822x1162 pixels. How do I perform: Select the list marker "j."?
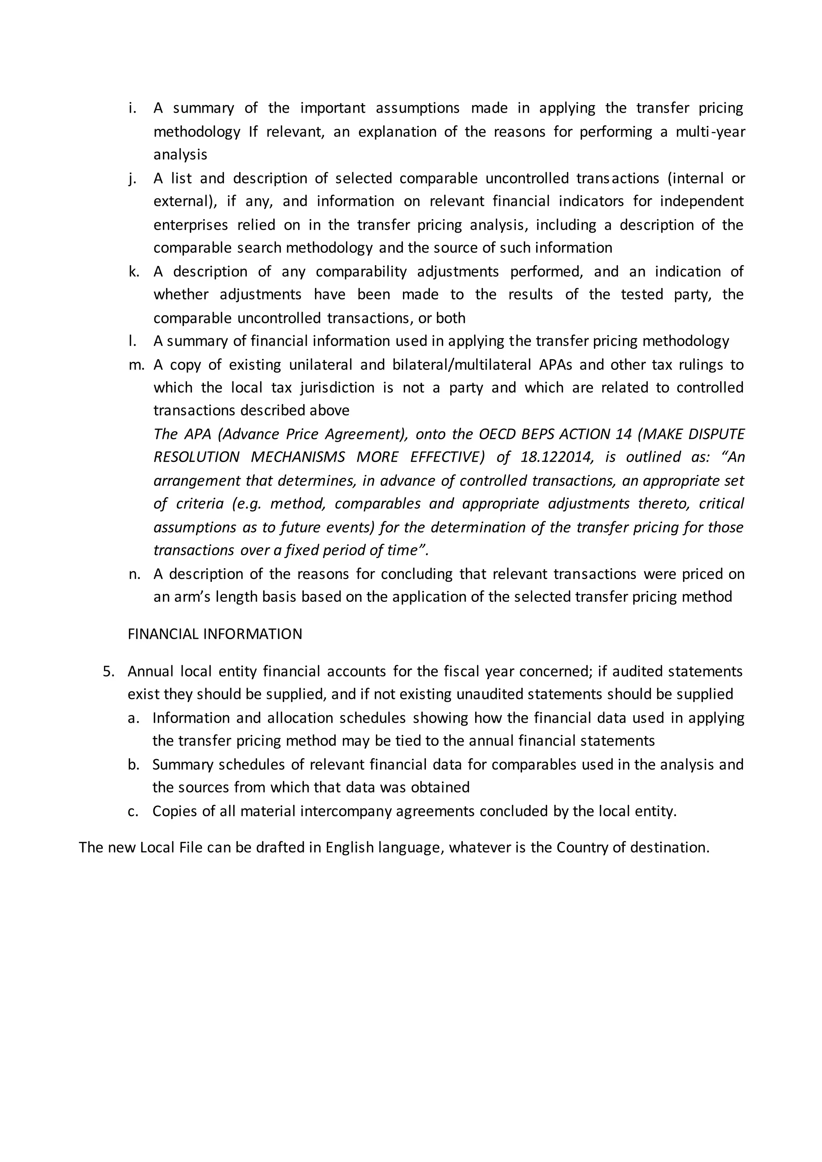132,179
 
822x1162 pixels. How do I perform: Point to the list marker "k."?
134,272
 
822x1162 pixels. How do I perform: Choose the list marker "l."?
132,341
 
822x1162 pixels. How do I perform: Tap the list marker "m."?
136,365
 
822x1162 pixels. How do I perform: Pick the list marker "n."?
134,574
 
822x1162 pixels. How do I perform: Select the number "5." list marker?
109,672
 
